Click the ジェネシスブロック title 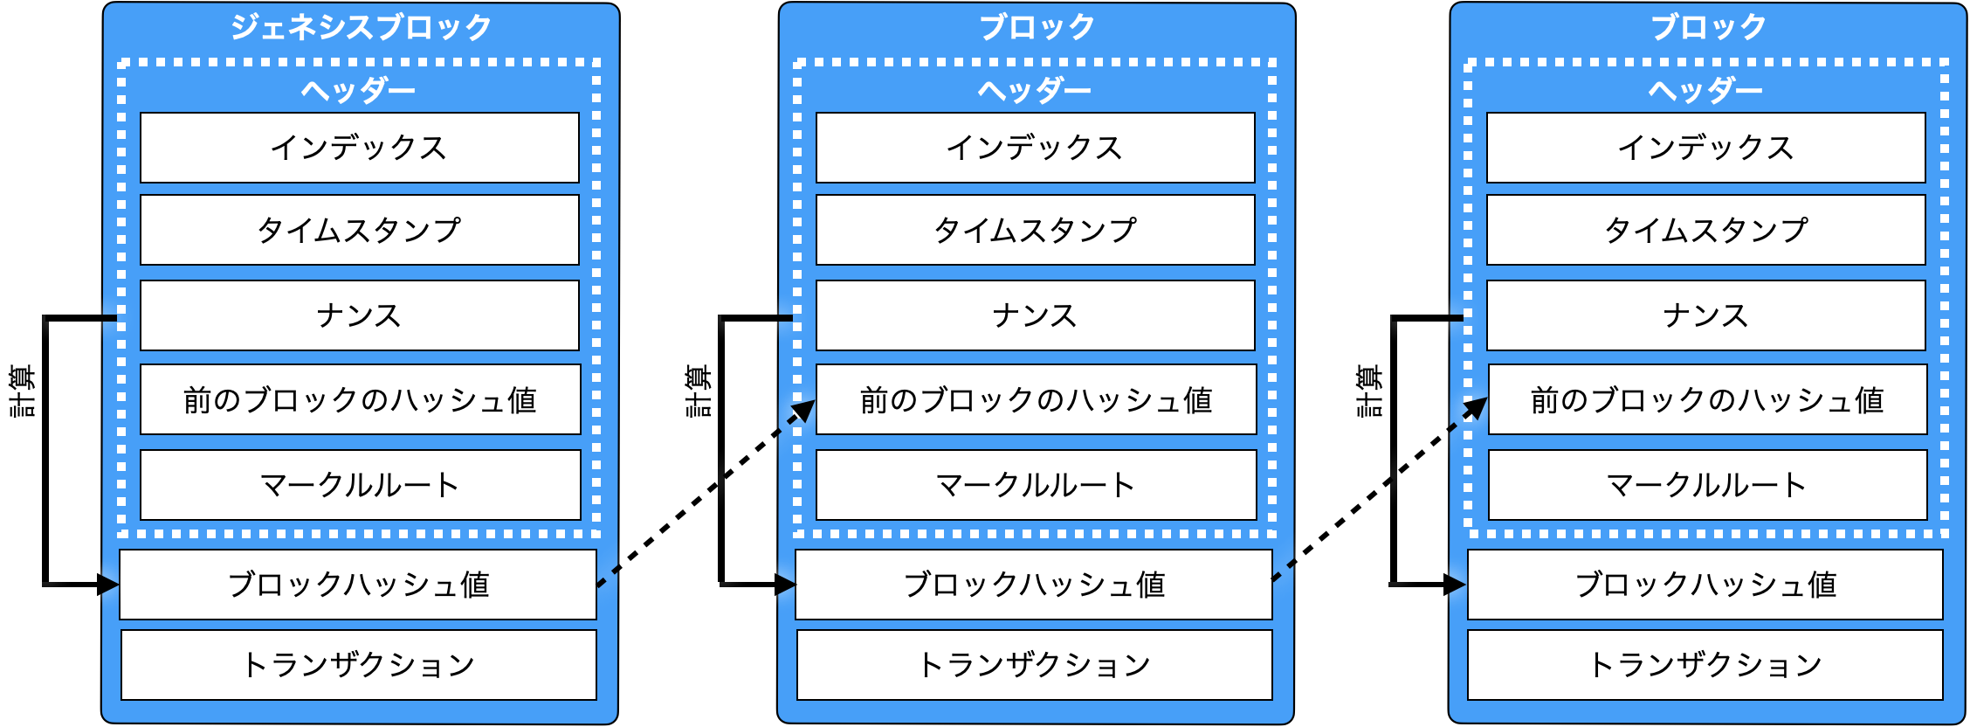[361, 27]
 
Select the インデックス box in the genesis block [359, 148]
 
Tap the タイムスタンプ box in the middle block [1035, 230]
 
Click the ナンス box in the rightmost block [1705, 315]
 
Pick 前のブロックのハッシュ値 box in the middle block [1036, 399]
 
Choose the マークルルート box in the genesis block [360, 485]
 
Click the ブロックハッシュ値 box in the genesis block [358, 585]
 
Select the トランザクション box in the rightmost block [1705, 665]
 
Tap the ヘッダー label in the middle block [1035, 90]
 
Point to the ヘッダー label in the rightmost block [1705, 90]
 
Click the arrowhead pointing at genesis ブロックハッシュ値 [108, 585]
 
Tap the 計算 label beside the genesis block [29, 391]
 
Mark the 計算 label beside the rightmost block [1375, 391]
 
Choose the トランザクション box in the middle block [1035, 665]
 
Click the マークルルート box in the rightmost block [1707, 485]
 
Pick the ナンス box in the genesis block [359, 315]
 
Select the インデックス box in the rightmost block [1705, 148]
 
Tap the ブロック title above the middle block [1037, 27]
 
